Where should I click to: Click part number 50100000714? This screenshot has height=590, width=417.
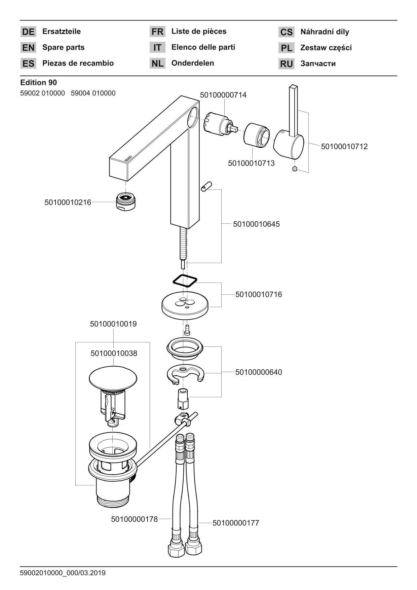[223, 95]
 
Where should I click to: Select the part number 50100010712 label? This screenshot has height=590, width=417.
[344, 147]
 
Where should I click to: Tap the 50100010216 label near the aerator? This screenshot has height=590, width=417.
[68, 202]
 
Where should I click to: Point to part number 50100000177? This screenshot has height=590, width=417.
[236, 523]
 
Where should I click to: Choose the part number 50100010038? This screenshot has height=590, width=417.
[114, 354]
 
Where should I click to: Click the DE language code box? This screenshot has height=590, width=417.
[28, 32]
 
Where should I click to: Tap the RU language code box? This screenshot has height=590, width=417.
[286, 64]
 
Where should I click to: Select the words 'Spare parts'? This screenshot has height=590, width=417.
[63, 47]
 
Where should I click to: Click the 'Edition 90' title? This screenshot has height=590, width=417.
[38, 82]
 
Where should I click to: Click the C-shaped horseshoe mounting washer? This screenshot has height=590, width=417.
[186, 373]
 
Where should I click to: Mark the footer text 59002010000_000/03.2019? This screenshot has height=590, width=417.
[63, 573]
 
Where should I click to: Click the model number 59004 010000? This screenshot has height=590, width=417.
[93, 93]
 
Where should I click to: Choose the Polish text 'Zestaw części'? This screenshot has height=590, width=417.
[326, 48]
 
